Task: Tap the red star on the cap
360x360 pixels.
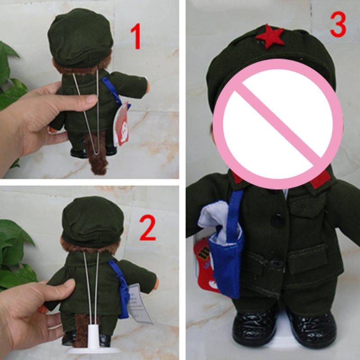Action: tap(270, 36)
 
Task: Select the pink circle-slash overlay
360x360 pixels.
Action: tap(278, 123)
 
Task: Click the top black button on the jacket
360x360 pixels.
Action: tap(277, 220)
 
